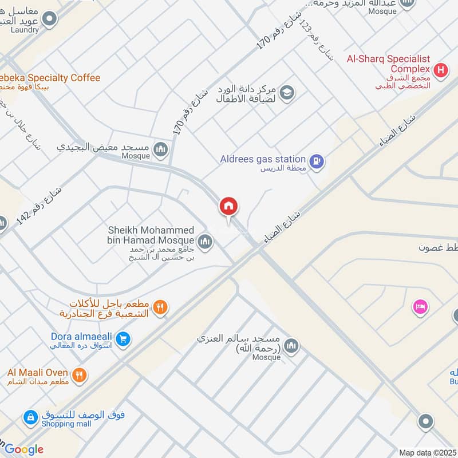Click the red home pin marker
[229, 207]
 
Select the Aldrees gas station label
[263, 159]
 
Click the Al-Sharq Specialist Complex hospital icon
[440, 71]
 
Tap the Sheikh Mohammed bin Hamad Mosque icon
[205, 242]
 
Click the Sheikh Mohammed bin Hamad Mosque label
[151, 234]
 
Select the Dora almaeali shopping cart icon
[123, 339]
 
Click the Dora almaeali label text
[81, 337]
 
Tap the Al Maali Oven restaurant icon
[80, 376]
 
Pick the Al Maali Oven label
[38, 373]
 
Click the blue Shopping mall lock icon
[30, 418]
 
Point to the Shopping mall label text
[66, 424]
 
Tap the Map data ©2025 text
[428, 452]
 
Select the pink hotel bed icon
[421, 307]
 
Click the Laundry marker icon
[50, 20]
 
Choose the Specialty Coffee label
[52, 78]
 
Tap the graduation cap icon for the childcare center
[287, 92]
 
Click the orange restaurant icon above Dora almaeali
[161, 308]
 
